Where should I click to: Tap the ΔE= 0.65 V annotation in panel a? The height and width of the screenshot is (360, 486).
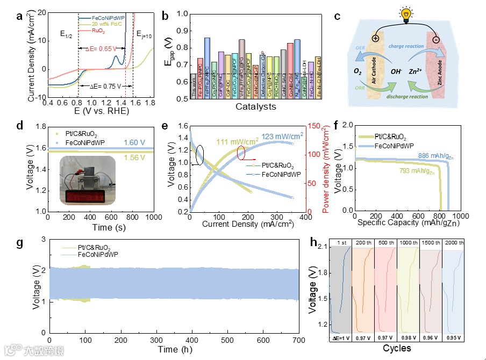point(102,48)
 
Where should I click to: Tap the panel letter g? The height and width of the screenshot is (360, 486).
point(20,243)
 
